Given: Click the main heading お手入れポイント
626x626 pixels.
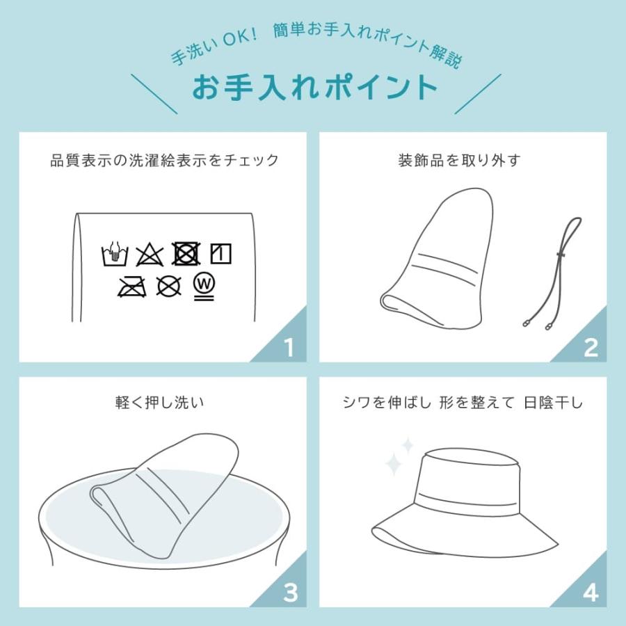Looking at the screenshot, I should pyautogui.click(x=315, y=88).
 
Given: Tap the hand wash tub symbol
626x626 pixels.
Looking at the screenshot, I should pyautogui.click(x=115, y=255).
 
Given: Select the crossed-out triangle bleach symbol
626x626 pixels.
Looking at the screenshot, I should pyautogui.click(x=150, y=255).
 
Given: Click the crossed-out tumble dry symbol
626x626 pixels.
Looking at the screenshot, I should pyautogui.click(x=185, y=255).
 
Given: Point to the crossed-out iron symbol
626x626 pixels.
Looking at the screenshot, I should pyautogui.click(x=132, y=286).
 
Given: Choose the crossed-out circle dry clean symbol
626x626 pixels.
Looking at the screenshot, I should pyautogui.click(x=168, y=286).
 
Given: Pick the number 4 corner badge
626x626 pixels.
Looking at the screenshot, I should pyautogui.click(x=590, y=593).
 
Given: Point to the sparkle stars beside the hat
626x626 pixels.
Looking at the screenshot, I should pyautogui.click(x=399, y=456).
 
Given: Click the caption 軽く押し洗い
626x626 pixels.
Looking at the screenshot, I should pyautogui.click(x=162, y=402).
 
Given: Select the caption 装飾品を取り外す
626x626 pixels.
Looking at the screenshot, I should pyautogui.click(x=458, y=161).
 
